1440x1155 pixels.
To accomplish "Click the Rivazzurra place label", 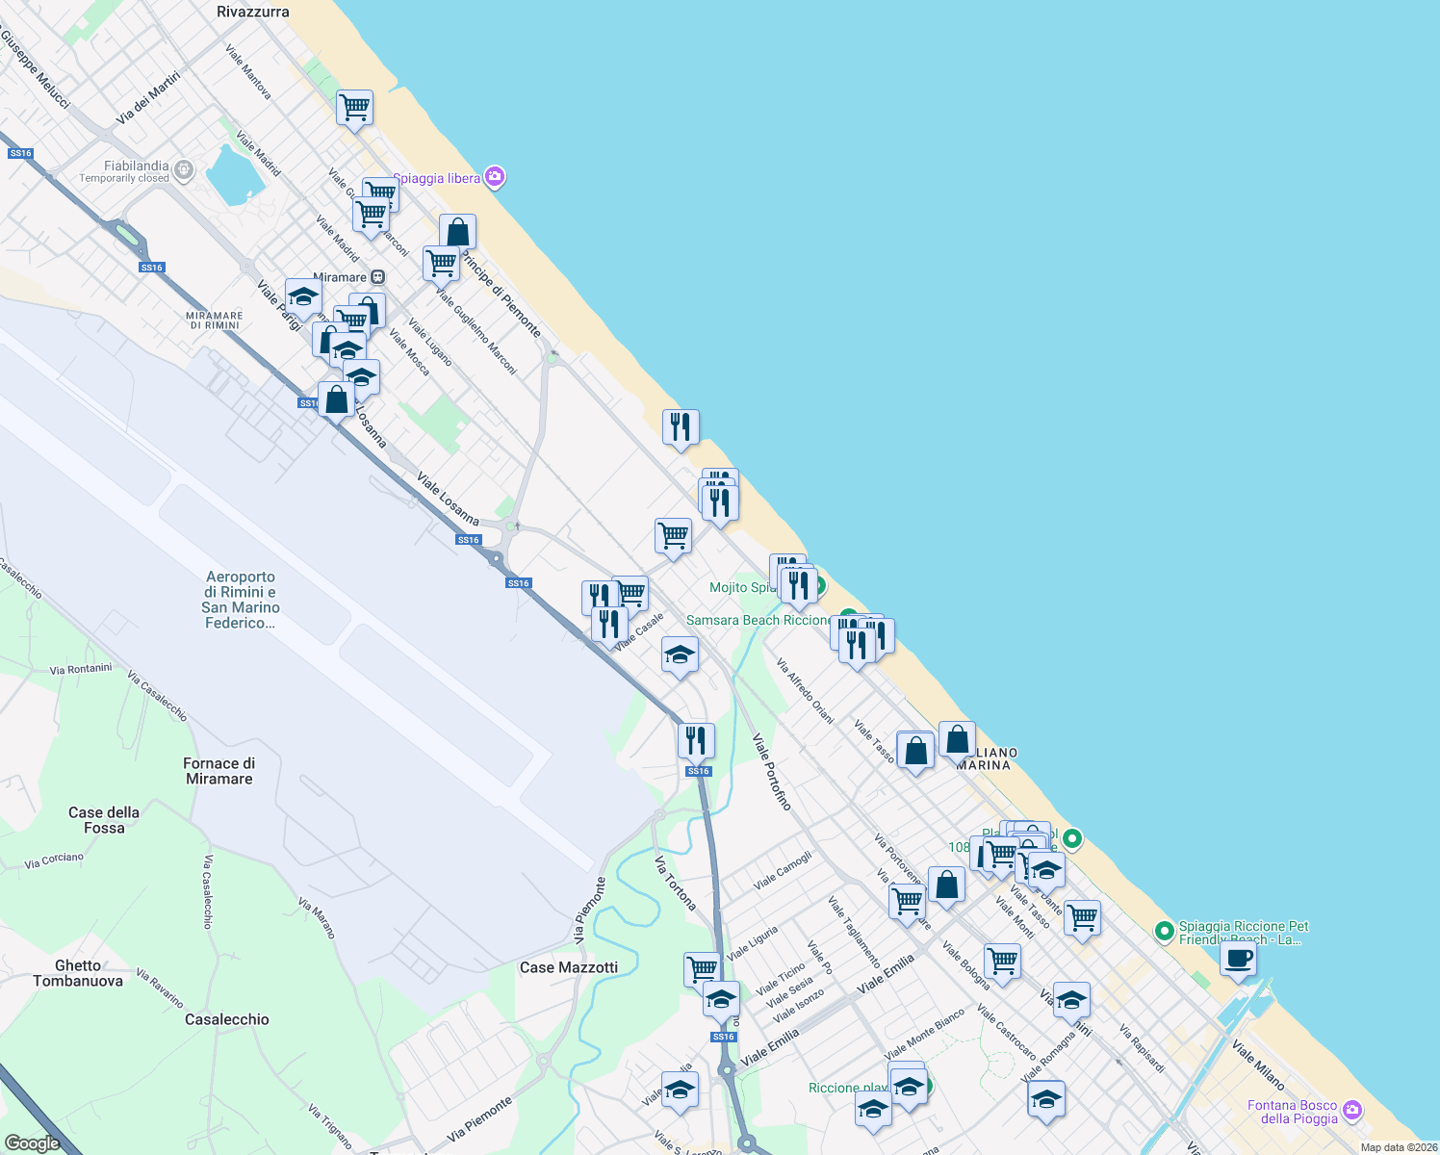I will [253, 12].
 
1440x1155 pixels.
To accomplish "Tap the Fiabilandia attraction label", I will [136, 167].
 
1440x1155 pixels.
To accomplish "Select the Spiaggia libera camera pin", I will [495, 176].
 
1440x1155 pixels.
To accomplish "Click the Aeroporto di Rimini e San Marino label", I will [241, 600].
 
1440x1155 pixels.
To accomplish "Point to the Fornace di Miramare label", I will [219, 771].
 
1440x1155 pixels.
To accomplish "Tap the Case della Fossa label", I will [104, 820].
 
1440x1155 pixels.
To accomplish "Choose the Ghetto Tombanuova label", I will [78, 973].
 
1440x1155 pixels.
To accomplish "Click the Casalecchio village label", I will [227, 1019].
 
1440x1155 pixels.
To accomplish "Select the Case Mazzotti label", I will [569, 967].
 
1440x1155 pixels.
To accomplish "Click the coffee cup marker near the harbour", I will [1238, 959].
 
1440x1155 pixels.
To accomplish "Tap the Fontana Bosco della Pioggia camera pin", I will [1352, 1111].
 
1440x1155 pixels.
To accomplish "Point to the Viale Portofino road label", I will [772, 772].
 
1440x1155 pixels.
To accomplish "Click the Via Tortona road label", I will [676, 883].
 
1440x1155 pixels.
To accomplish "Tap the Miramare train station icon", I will [378, 277].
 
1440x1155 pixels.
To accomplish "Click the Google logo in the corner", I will [32, 1143].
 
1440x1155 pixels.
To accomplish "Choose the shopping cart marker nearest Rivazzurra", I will [354, 108].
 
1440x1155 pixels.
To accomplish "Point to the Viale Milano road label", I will [1258, 1065].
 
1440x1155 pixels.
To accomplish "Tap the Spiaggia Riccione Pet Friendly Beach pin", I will [1164, 931].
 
